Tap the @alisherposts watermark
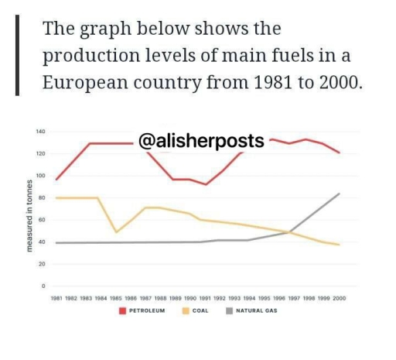coord(201,141)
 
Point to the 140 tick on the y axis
coord(39,132)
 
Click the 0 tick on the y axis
coord(44,286)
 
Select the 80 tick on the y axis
coord(42,198)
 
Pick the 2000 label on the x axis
coord(339,299)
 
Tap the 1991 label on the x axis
coord(205,299)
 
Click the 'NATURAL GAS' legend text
coord(257,311)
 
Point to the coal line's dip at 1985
coord(116,232)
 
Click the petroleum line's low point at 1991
coord(205,184)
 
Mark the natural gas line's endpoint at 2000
coord(339,194)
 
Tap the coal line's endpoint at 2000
coord(339,245)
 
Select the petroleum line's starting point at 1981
coord(56,180)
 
